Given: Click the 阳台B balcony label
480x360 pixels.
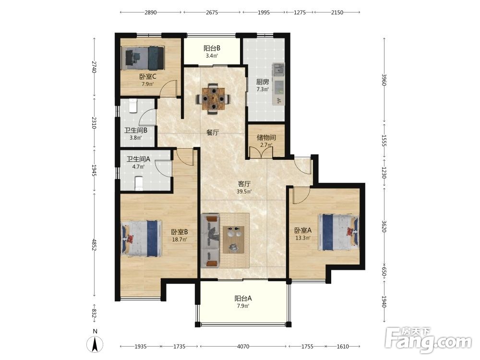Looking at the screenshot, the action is tap(212, 48).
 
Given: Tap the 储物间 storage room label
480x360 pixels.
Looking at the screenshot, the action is tap(266, 137).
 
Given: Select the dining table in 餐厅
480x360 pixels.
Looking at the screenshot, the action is tap(213, 98).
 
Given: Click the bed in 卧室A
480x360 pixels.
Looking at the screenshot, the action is tap(338, 232).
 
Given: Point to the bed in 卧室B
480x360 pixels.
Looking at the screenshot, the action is tap(142, 238).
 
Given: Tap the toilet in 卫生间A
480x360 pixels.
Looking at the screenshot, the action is tap(139, 183).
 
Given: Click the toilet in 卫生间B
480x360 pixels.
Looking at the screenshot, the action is tap(132, 106).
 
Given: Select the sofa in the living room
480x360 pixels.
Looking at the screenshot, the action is tap(210, 241).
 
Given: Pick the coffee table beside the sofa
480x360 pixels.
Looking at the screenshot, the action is tap(234, 240).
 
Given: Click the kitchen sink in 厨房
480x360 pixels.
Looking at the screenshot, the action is tap(278, 69).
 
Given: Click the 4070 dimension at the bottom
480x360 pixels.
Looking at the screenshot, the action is tap(243, 347).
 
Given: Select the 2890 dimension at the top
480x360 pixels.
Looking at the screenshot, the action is tap(151, 12).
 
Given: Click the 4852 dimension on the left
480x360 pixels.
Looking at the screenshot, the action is tap(94, 245).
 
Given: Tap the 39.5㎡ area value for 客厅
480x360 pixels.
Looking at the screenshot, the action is tap(244, 192).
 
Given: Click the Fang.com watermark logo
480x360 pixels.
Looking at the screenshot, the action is tap(428, 340).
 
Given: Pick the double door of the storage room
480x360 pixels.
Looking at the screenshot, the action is tap(261, 153).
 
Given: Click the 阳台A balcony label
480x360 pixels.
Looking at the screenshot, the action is tap(243, 298).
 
